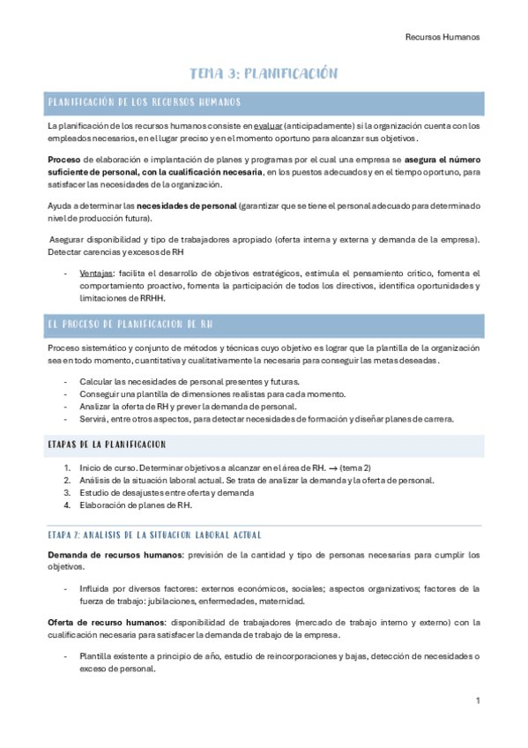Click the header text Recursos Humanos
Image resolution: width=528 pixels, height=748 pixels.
[x=442, y=37]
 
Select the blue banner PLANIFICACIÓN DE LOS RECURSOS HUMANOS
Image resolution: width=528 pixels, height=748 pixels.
[x=141, y=103]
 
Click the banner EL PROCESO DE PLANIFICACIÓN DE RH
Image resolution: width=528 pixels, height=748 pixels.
[x=131, y=325]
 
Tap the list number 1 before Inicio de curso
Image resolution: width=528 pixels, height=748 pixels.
[x=67, y=467]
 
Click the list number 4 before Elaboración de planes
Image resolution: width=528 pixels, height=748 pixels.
[x=67, y=505]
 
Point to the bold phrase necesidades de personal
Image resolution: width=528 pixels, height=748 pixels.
[x=188, y=206]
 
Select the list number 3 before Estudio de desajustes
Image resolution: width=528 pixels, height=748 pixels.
[x=67, y=492]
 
